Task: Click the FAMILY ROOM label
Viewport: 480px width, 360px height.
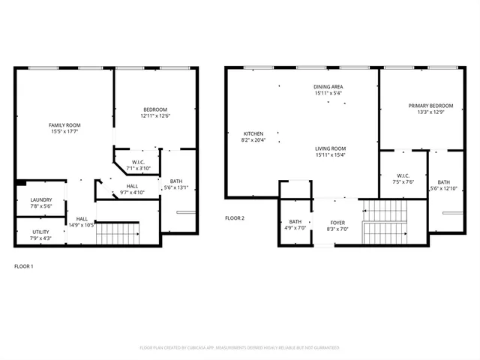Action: point(64,124)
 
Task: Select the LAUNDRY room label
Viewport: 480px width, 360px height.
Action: point(40,199)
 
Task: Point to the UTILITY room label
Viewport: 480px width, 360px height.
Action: point(40,232)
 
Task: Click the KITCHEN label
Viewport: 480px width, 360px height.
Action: point(252,133)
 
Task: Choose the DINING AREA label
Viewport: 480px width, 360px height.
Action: point(329,87)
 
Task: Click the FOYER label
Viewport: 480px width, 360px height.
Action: point(338,223)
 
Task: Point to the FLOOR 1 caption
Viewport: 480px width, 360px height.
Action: point(24,266)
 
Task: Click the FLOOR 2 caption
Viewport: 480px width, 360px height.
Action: point(235,218)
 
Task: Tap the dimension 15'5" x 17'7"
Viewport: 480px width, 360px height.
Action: point(64,131)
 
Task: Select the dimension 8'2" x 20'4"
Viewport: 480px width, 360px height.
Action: point(252,140)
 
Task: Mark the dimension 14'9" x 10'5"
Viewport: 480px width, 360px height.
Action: point(81,225)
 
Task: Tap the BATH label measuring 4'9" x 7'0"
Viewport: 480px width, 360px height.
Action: point(295,223)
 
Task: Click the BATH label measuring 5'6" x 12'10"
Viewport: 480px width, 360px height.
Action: point(443,181)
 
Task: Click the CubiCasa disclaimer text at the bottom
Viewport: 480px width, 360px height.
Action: point(240,348)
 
